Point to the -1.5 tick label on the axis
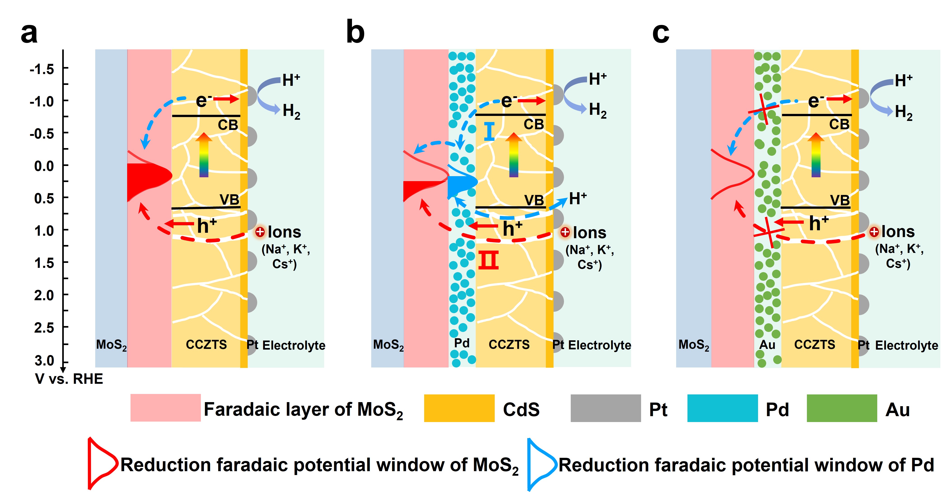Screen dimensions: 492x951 tap(42, 69)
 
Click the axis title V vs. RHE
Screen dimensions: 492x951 tap(69, 379)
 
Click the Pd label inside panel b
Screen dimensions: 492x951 tap(461, 343)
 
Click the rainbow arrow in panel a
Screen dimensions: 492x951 tap(204, 155)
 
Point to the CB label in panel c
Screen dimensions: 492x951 tap(839, 125)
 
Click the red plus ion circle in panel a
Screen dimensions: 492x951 tap(260, 232)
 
